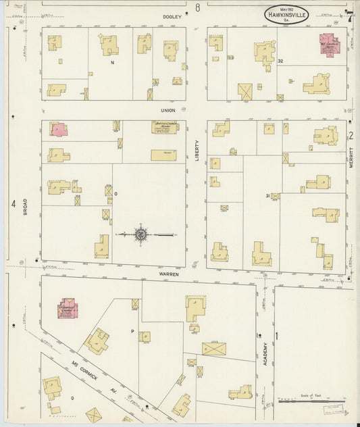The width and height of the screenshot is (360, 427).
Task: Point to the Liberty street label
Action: click(197, 149)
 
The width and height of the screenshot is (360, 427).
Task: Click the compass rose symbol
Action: click(141, 235)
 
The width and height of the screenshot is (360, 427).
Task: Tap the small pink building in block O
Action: click(59, 129)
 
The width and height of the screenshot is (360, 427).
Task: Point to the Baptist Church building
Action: click(163, 127)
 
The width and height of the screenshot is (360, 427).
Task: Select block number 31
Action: click(268, 196)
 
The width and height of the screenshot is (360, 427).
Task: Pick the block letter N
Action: click(112, 61)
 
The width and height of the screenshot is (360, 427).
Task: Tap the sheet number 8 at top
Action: click(198, 7)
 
